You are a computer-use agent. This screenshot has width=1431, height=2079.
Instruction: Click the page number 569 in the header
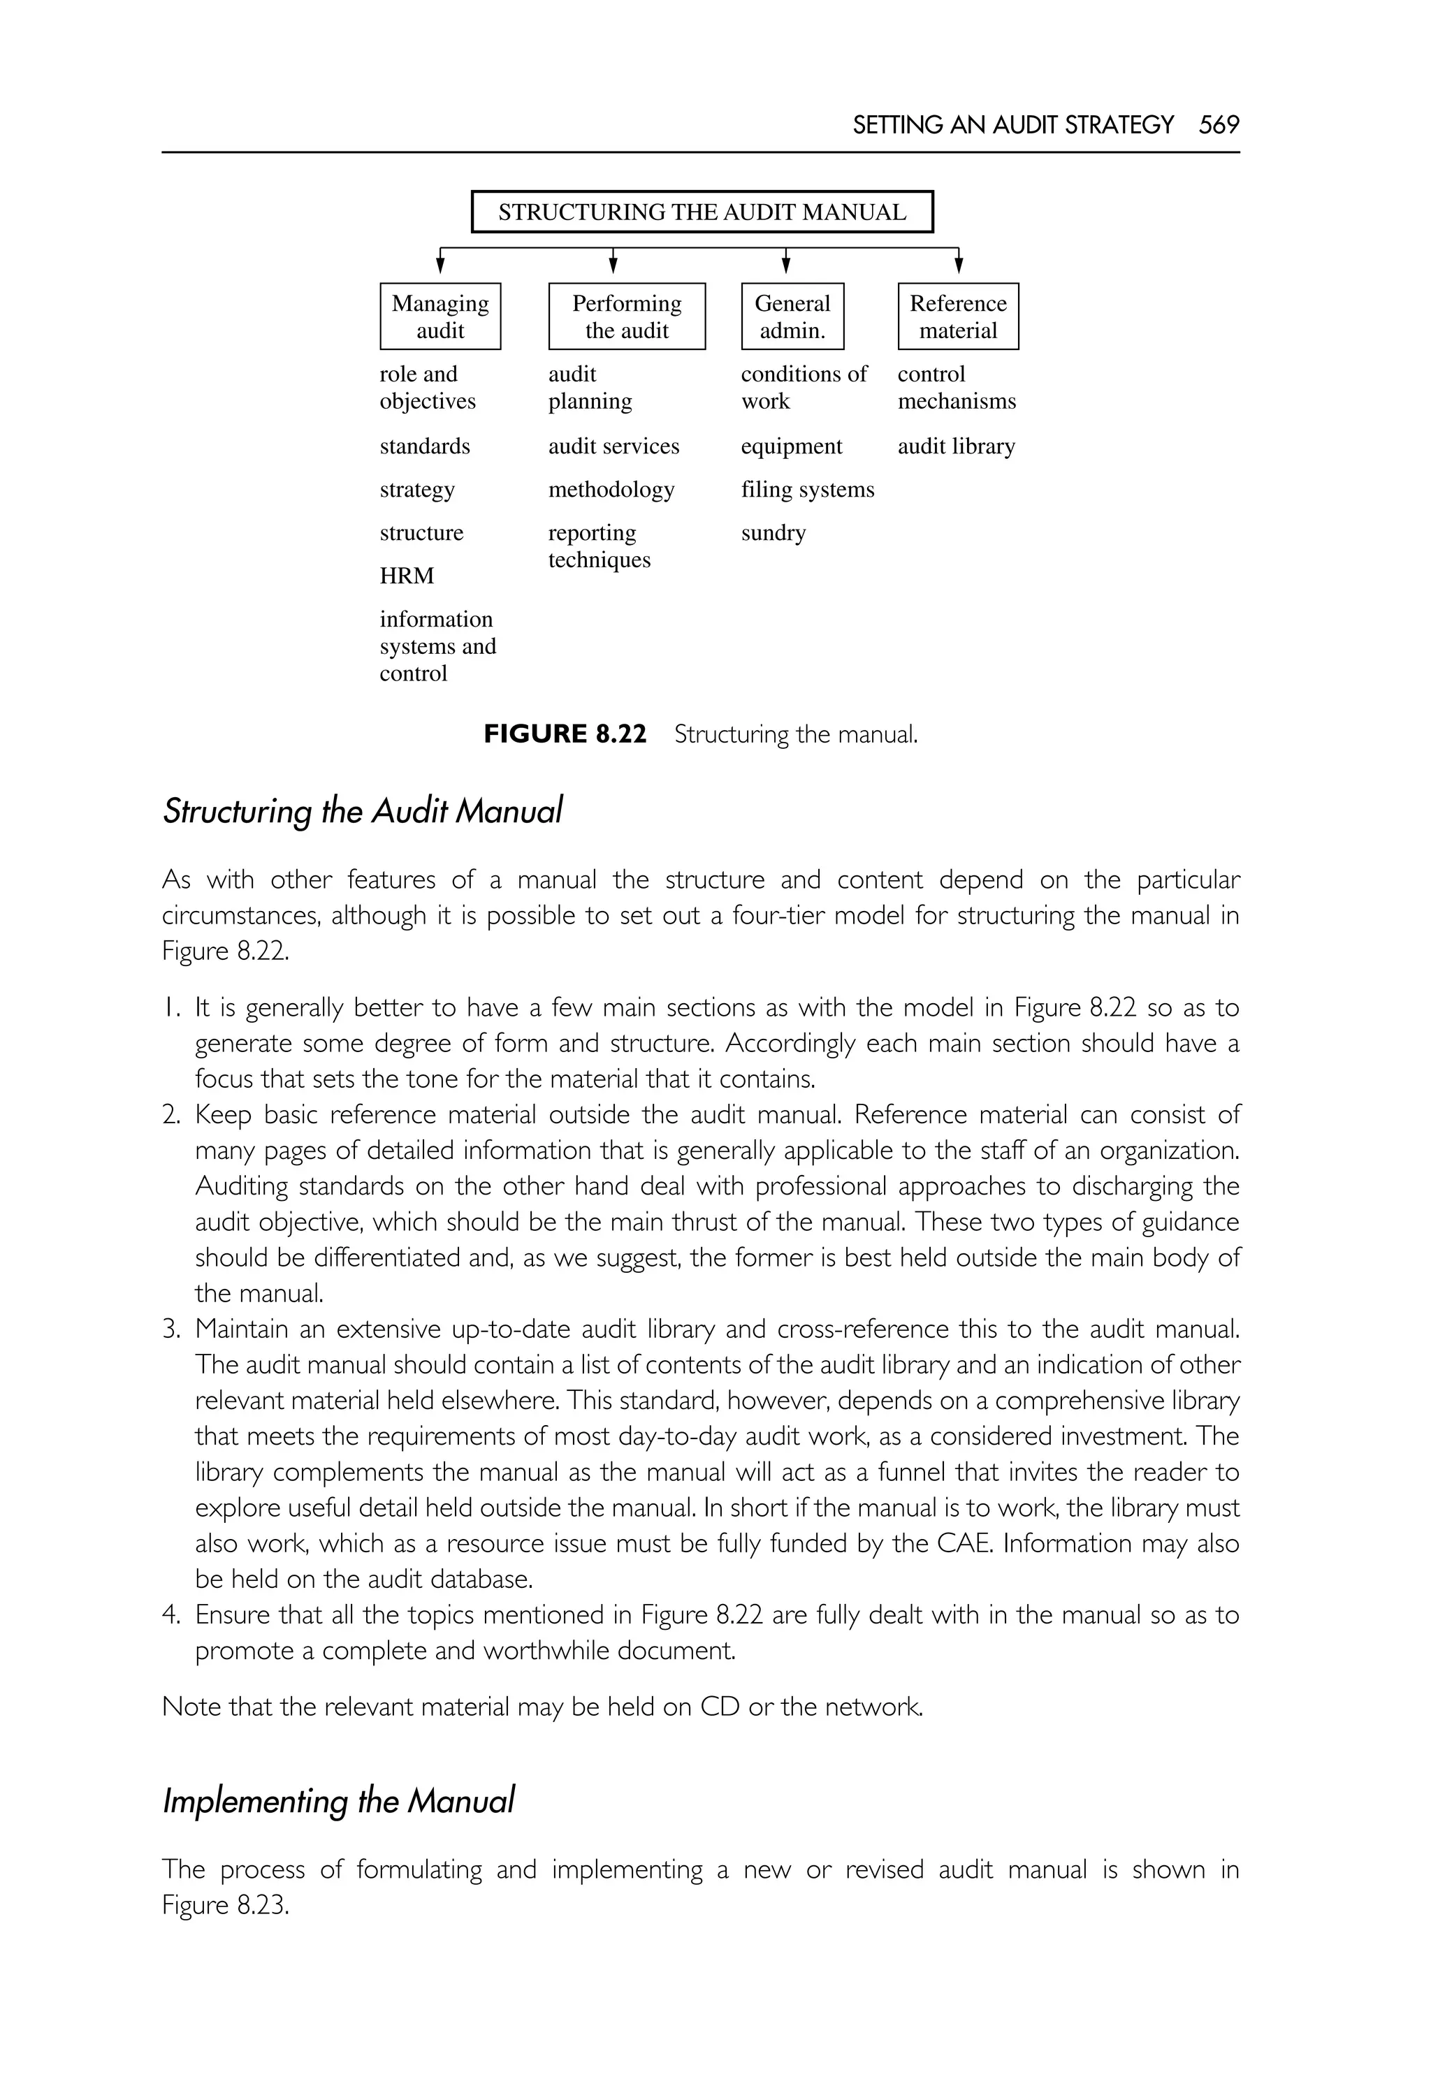(x=1219, y=124)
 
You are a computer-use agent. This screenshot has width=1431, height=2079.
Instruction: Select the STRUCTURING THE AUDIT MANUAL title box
(x=702, y=212)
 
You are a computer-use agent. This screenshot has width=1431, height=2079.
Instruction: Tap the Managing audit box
(x=440, y=316)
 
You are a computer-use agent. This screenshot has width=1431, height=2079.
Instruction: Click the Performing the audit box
(x=627, y=316)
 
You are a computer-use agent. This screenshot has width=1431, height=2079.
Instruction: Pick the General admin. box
(x=792, y=316)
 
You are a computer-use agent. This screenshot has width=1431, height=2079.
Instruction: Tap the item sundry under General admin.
(x=773, y=532)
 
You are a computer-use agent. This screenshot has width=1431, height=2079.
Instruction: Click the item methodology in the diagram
(x=611, y=490)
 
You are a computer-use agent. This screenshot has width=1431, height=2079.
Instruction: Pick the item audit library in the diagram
(x=956, y=446)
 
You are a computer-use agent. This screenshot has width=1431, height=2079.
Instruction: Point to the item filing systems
(x=807, y=490)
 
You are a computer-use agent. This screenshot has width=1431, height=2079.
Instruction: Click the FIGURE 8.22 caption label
(x=565, y=734)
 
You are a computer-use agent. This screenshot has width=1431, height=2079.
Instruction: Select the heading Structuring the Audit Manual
(x=362, y=811)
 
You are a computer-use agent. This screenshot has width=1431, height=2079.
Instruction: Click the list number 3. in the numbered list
(x=172, y=1329)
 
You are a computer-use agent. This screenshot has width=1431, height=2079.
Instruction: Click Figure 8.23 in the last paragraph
(x=225, y=1906)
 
